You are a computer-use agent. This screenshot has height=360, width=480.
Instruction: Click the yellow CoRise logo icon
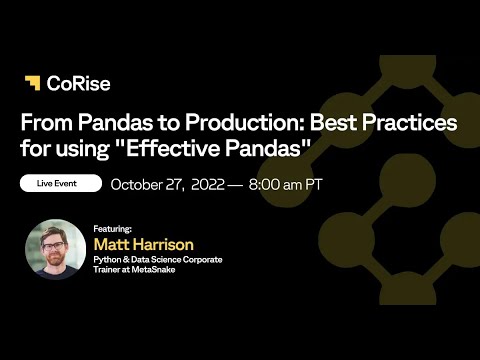33,83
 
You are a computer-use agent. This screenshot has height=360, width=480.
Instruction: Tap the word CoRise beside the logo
71,83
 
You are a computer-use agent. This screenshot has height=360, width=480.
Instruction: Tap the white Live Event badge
61,184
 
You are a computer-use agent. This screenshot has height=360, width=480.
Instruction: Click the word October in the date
140,184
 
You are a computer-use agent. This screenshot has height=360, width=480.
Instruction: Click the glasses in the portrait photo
54,243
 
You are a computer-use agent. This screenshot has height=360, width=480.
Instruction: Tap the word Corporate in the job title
202,259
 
